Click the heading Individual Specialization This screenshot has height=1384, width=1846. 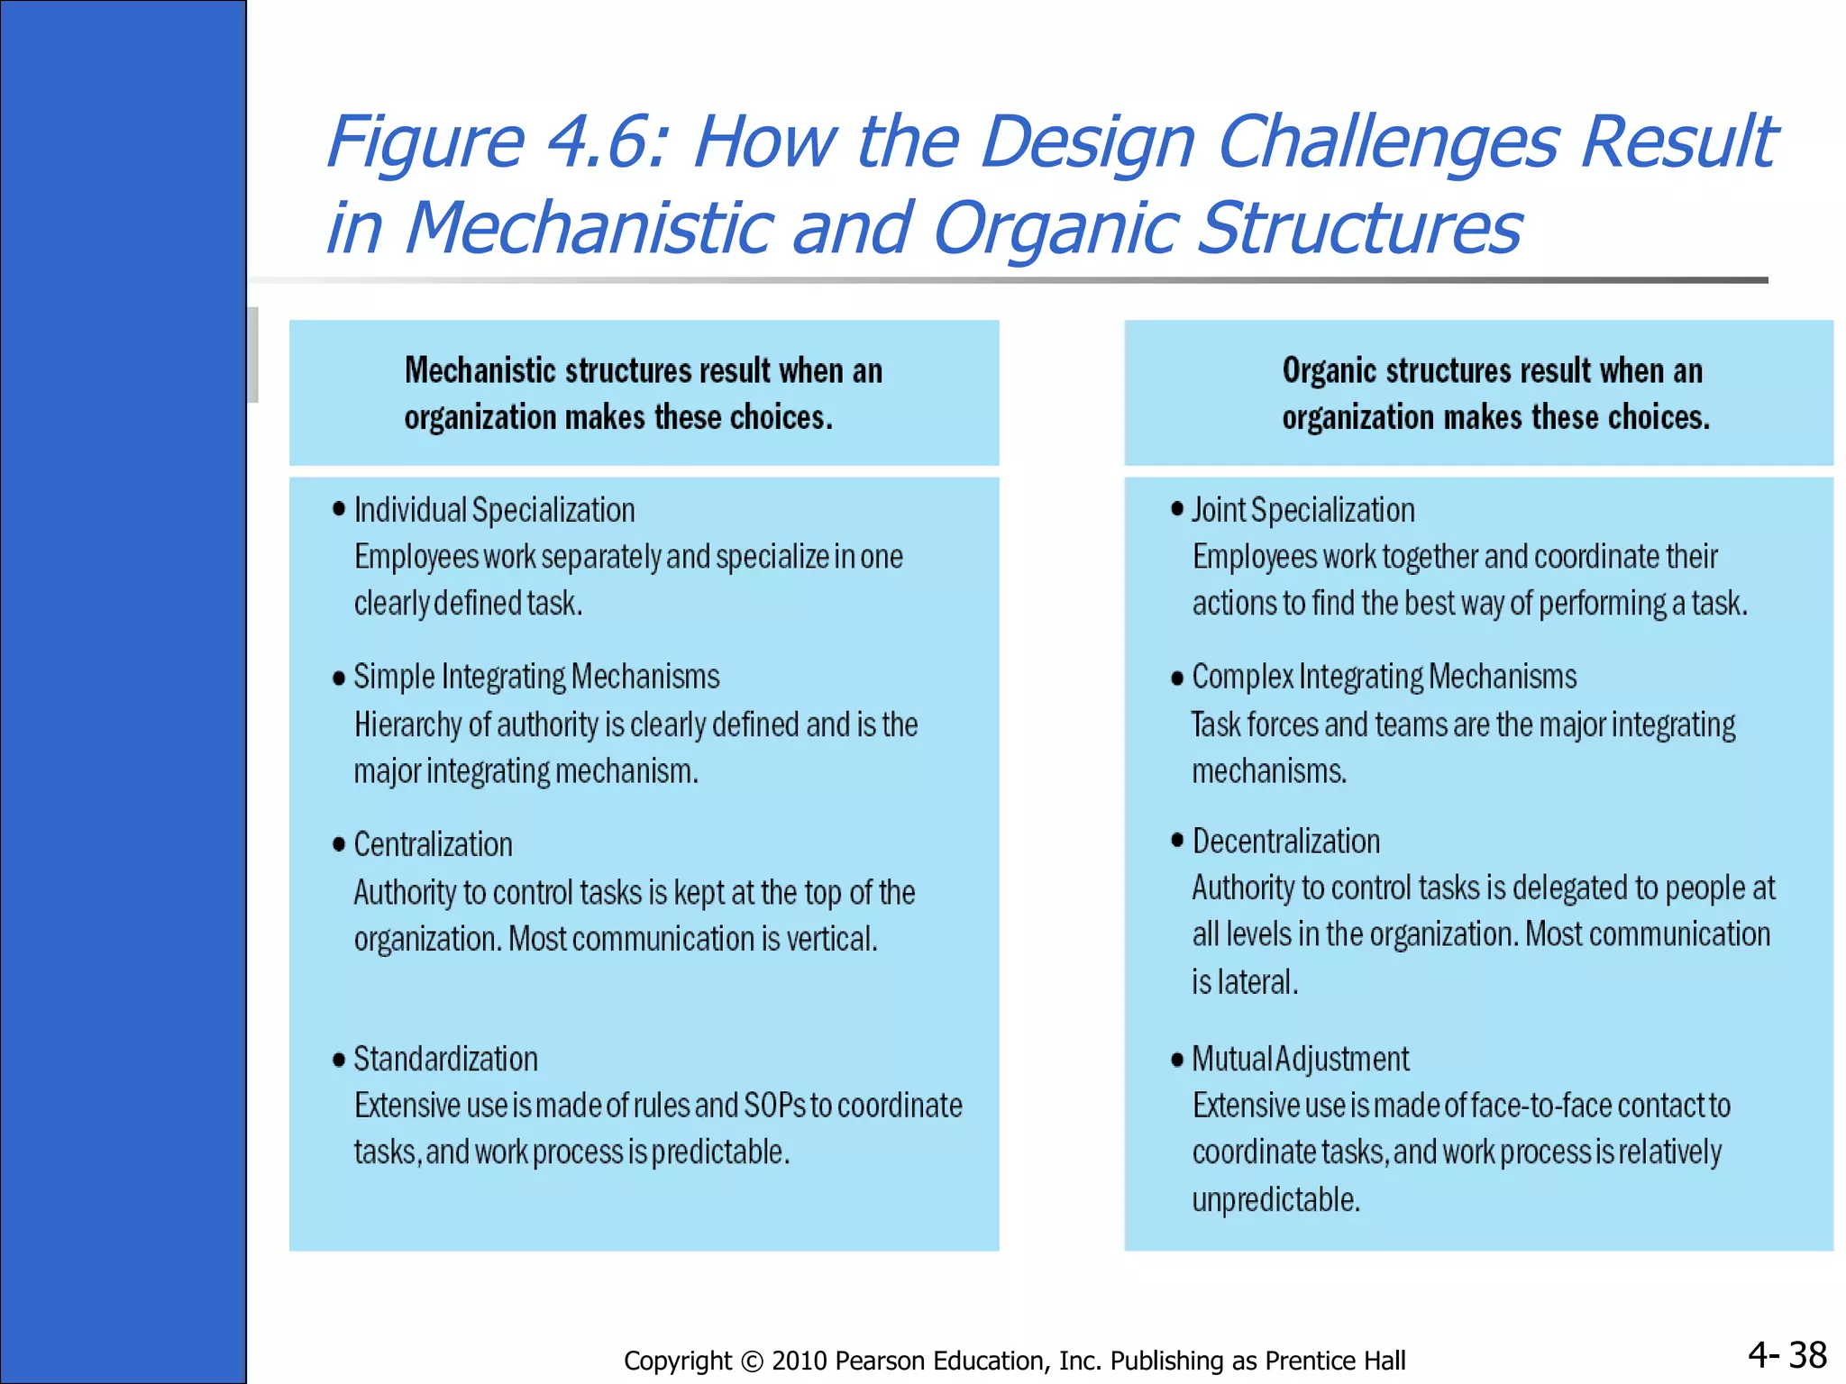pos(494,511)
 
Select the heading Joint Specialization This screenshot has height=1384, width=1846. pos(1302,511)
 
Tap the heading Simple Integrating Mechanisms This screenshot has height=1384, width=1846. pos(536,677)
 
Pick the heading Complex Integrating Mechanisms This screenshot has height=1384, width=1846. pos(1384,677)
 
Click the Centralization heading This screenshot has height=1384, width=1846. pos(433,844)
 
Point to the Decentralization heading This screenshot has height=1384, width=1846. pos(1285,841)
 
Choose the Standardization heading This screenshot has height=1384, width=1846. pos(445,1059)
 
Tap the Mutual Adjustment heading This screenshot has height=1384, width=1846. pos(1300,1059)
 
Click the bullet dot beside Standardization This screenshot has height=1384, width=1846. pos(339,1060)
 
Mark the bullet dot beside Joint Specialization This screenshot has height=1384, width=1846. pos(1177,509)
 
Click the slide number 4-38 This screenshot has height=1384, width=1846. pos(1787,1354)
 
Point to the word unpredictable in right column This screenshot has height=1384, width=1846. pos(1275,1200)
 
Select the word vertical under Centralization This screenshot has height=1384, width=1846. pos(831,940)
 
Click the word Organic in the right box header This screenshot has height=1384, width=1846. pos(1329,371)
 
